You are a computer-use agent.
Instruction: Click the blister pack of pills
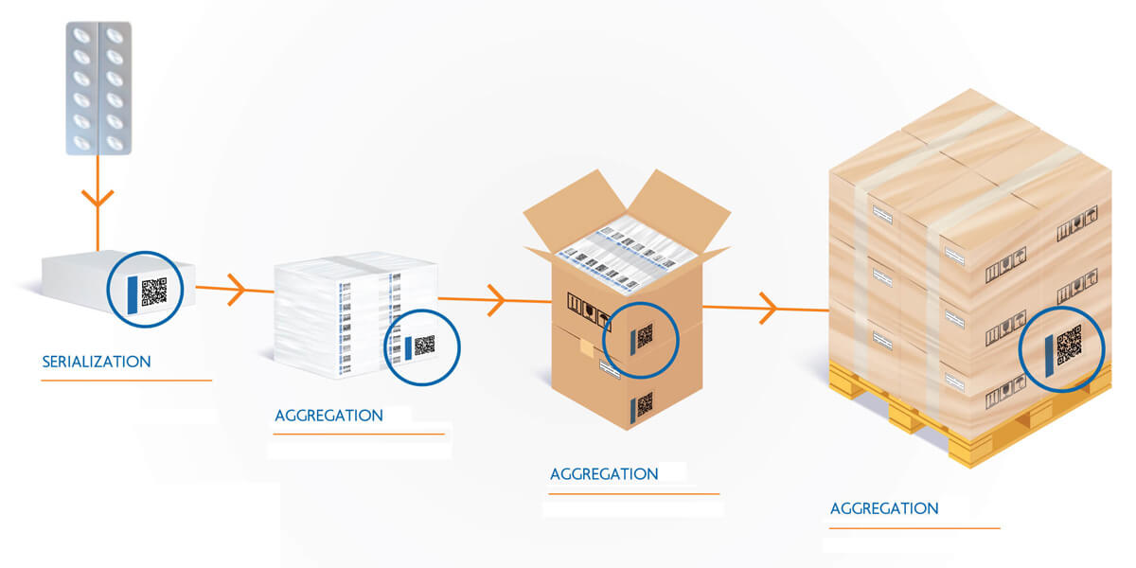pyautogui.click(x=98, y=87)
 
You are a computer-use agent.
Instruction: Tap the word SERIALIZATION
pyautogui.click(x=97, y=362)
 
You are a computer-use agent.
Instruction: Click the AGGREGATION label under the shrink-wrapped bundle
pyautogui.click(x=328, y=416)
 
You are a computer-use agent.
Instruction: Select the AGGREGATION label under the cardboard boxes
pyautogui.click(x=604, y=474)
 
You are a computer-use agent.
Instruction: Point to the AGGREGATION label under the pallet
pyautogui.click(x=884, y=508)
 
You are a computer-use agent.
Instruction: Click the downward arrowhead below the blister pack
pyautogui.click(x=98, y=199)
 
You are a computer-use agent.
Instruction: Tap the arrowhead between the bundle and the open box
pyautogui.click(x=496, y=300)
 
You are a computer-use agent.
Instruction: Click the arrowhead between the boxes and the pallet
pyautogui.click(x=769, y=308)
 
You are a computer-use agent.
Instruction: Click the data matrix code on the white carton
pyautogui.click(x=154, y=292)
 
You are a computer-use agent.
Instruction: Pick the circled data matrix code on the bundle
pyautogui.click(x=424, y=346)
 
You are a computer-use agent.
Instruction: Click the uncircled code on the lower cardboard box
pyautogui.click(x=645, y=405)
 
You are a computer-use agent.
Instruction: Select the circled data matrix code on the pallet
pyautogui.click(x=1069, y=346)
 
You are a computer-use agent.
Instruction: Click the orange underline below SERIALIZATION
pyautogui.click(x=126, y=381)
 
